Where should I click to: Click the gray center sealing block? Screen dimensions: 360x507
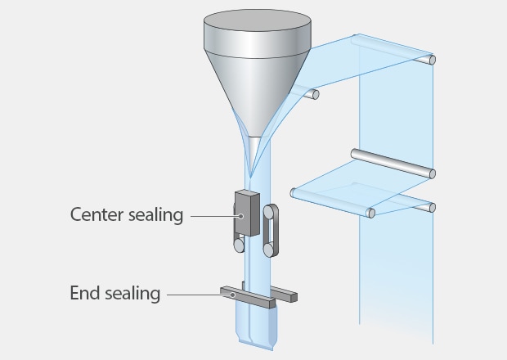click(246, 214)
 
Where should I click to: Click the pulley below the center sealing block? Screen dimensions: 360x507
click(239, 244)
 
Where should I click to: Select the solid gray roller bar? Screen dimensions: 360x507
click(393, 163)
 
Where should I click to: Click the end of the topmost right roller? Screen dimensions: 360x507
click(431, 59)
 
